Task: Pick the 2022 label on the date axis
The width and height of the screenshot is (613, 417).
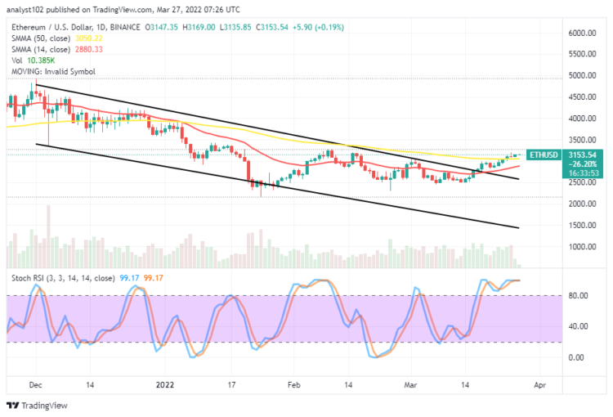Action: (166, 383)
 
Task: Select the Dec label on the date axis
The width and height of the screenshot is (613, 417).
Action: (35, 383)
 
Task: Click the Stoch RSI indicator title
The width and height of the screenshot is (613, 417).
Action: (60, 278)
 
